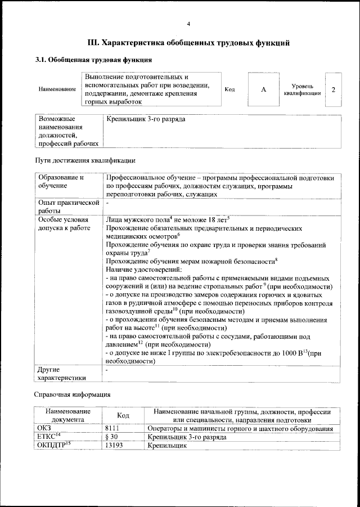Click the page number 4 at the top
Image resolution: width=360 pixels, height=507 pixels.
tap(188, 24)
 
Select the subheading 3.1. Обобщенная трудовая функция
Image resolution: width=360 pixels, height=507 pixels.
tap(93, 60)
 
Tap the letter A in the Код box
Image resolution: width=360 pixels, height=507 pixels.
tap(263, 90)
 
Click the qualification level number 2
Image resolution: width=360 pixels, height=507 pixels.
tap(334, 90)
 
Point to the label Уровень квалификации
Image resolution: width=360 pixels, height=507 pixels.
tap(303, 89)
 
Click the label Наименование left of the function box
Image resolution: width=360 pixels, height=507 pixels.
tap(57, 90)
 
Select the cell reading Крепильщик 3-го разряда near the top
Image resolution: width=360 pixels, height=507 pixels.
tap(145, 119)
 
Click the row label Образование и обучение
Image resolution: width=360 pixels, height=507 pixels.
tap(61, 181)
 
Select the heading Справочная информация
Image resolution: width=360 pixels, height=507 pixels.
tap(72, 394)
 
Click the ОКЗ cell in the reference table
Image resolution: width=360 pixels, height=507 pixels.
tap(44, 429)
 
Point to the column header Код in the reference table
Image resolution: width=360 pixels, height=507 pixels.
tap(123, 415)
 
